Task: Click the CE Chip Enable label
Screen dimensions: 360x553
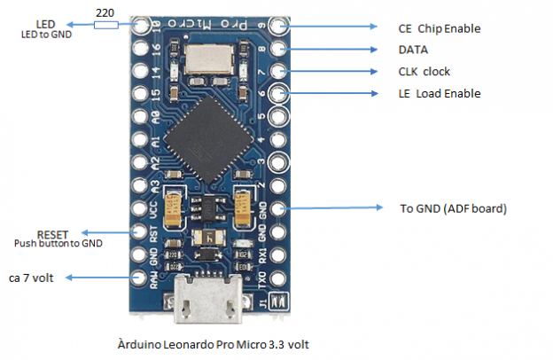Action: click(x=439, y=28)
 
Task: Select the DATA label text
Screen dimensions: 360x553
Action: click(x=413, y=51)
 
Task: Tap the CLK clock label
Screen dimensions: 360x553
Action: click(x=424, y=72)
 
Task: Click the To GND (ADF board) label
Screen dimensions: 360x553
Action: click(x=452, y=209)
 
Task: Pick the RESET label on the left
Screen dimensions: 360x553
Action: click(x=52, y=234)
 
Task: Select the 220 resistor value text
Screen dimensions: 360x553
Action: click(x=105, y=12)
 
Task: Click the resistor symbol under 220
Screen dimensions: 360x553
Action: click(x=105, y=24)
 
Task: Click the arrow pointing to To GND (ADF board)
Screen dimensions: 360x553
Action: click(x=337, y=209)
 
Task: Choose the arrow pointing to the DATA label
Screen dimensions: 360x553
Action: click(x=333, y=50)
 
